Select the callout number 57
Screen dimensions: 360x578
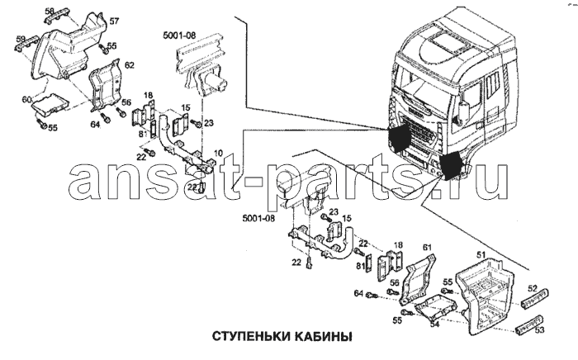tap(114, 20)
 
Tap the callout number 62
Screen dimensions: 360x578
tap(129, 63)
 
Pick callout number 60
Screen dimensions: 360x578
tap(27, 100)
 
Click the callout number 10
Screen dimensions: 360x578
tap(220, 154)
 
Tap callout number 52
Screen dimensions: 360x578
tap(533, 289)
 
